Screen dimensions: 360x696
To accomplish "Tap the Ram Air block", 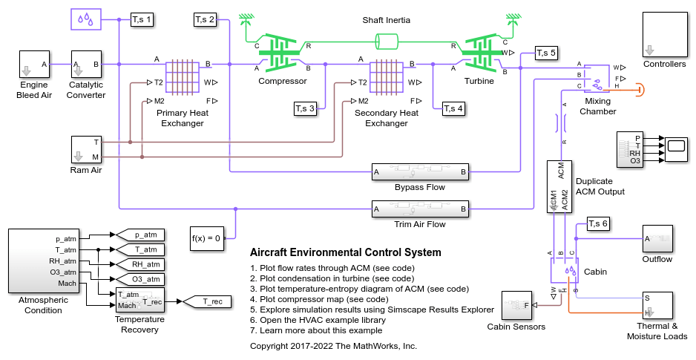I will pos(86,149).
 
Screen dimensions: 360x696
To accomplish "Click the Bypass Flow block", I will pos(420,172).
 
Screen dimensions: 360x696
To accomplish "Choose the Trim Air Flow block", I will pos(420,210).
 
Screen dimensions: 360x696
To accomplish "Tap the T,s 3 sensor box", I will pos(305,109).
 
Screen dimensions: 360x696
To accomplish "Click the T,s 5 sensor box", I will pos(546,53).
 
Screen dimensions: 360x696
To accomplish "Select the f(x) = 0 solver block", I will pos(206,238).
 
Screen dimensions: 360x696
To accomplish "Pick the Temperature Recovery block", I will pos(139,301).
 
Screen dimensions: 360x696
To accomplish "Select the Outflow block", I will pos(657,238).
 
